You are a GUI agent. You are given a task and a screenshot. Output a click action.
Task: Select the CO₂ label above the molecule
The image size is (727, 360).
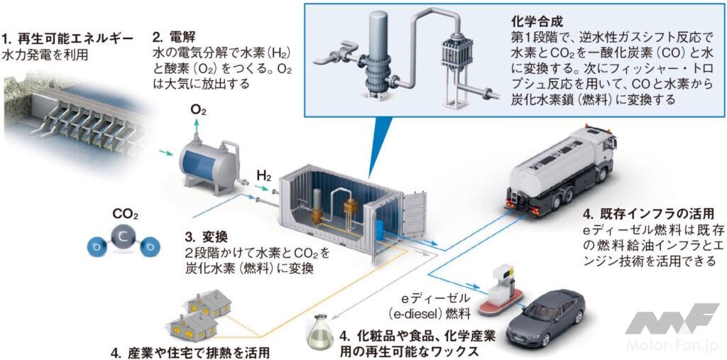point(125,213)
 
